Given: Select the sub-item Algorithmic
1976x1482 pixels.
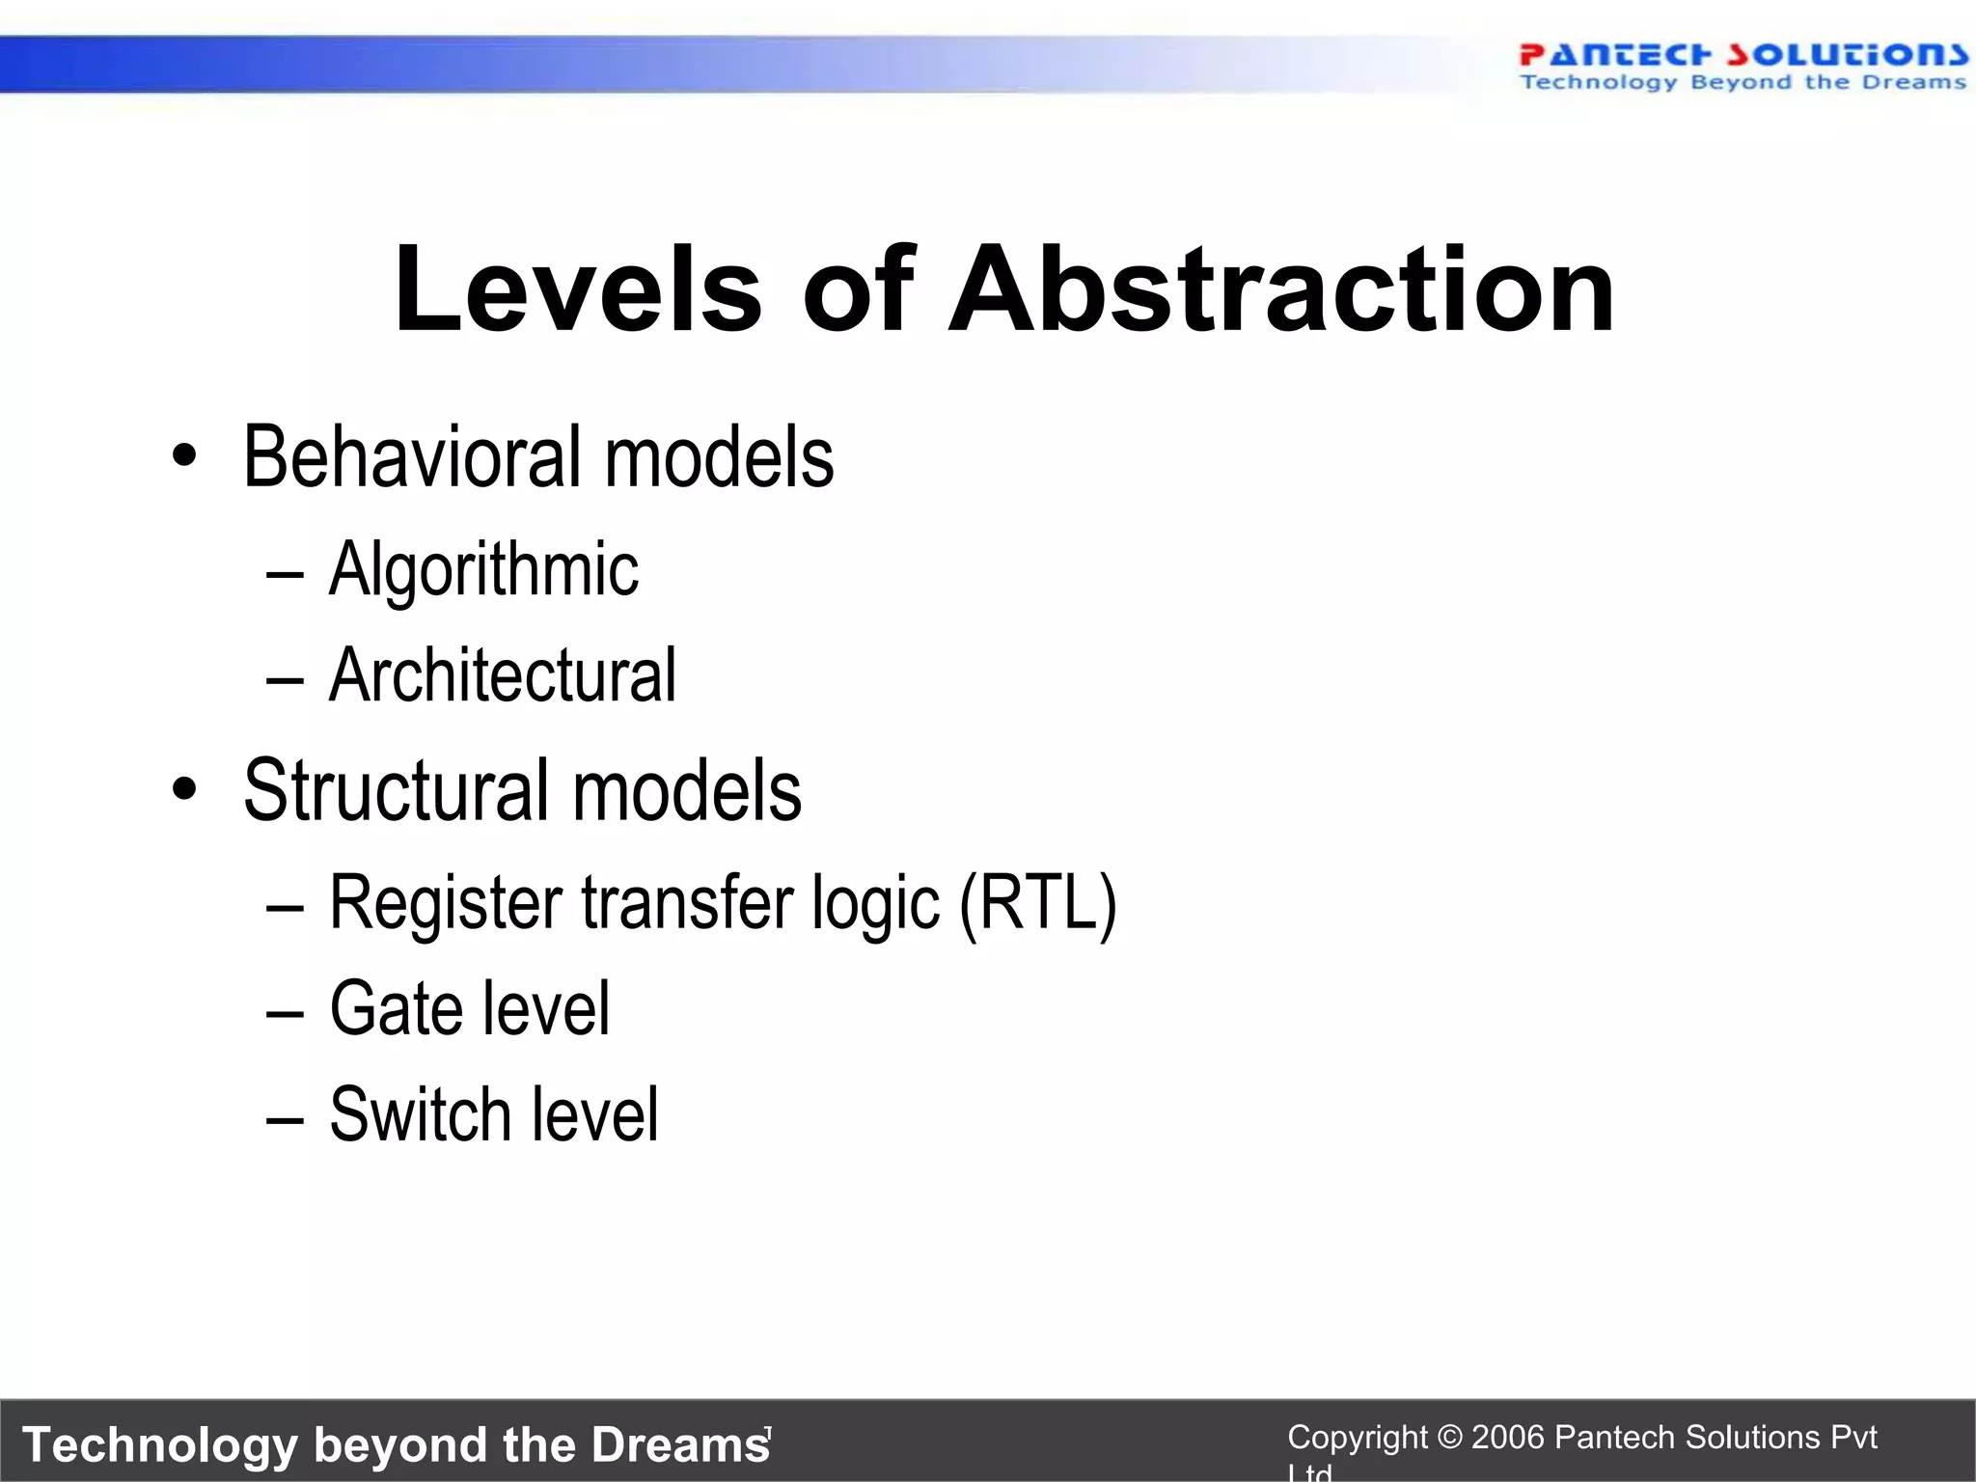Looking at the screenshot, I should click(x=483, y=569).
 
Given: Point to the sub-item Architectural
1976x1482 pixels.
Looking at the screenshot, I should click(x=502, y=675).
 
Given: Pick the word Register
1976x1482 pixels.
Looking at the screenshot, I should click(x=446, y=903).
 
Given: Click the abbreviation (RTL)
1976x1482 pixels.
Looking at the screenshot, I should click(x=1038, y=903).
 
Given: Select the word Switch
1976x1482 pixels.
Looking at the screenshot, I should click(x=419, y=1115).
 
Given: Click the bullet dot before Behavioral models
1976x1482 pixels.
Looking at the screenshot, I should click(x=184, y=457).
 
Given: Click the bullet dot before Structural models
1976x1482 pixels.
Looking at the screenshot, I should click(x=184, y=790).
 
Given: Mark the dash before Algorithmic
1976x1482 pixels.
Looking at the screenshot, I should click(x=285, y=575).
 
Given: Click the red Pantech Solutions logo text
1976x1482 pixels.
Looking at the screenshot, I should click(x=1743, y=54).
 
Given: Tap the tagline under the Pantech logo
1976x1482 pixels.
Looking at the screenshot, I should click(x=1743, y=83).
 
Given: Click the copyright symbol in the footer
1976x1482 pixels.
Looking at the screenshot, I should click(x=1449, y=1438).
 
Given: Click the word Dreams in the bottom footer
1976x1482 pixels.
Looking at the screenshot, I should click(x=679, y=1445).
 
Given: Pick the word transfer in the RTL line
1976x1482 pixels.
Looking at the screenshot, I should click(x=688, y=903).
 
